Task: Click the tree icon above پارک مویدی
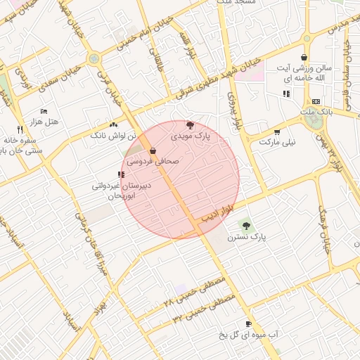(190, 124)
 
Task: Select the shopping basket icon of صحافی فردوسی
(153, 150)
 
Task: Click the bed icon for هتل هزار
(44, 112)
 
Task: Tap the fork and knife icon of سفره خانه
(20, 129)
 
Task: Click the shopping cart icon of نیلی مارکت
(276, 131)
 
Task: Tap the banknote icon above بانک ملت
(315, 101)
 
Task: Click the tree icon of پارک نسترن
(245, 224)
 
